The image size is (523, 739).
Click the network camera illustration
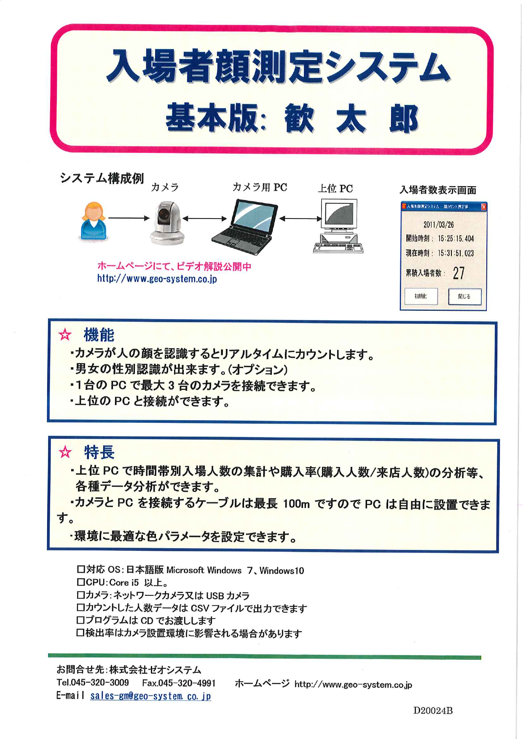click(x=168, y=223)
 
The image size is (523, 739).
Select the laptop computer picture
click(x=245, y=227)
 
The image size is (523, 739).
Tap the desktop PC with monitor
click(x=338, y=226)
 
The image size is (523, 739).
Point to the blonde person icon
click(x=93, y=221)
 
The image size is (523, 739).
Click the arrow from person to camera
click(x=129, y=218)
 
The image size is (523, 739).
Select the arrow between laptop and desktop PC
click(x=300, y=219)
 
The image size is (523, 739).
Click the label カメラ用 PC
click(x=260, y=187)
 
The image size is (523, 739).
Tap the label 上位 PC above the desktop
click(x=335, y=188)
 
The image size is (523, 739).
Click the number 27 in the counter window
click(x=459, y=273)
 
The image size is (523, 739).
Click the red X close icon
click(x=483, y=206)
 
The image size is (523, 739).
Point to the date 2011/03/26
click(x=438, y=224)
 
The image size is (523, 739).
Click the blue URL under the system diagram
click(x=157, y=279)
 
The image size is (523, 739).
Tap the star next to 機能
click(x=65, y=335)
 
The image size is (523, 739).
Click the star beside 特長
click(x=65, y=452)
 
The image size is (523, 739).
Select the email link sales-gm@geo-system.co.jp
click(x=150, y=696)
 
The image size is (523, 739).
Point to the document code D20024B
click(x=433, y=711)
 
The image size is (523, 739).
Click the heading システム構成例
click(x=102, y=179)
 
